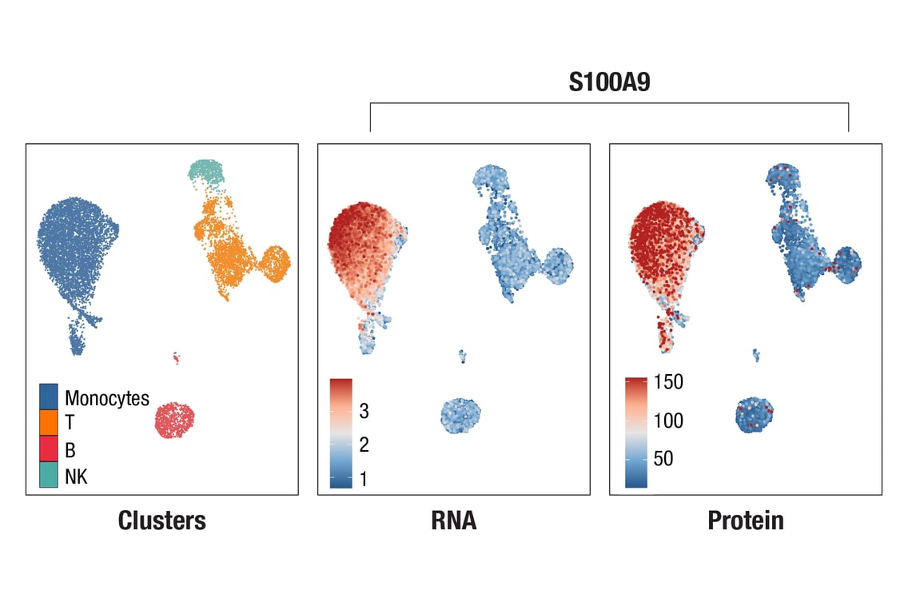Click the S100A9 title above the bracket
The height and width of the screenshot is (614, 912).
[x=609, y=83]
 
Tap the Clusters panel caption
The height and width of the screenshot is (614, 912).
[x=161, y=521]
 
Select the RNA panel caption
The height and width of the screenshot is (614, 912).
[x=453, y=521]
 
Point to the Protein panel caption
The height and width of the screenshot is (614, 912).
[x=746, y=521]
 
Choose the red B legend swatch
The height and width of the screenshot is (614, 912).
[x=49, y=449]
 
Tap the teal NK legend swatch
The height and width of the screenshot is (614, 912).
[x=49, y=476]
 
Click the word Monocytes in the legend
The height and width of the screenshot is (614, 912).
[x=107, y=398]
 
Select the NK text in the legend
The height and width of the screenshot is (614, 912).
[x=77, y=477]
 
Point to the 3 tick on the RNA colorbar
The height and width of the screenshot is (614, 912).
[x=364, y=412]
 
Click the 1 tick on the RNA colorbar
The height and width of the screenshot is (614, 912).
[x=364, y=479]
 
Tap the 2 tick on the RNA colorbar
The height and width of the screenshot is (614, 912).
[x=364, y=445]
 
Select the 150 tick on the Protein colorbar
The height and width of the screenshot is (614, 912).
[x=668, y=383]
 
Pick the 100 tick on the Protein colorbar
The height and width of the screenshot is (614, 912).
[x=668, y=421]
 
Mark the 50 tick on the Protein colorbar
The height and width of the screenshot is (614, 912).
[x=663, y=459]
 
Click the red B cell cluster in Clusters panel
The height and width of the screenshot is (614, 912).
[x=175, y=420]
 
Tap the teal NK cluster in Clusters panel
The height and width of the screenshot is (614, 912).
[x=207, y=171]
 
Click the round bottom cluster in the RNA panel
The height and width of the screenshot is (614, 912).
[x=462, y=416]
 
